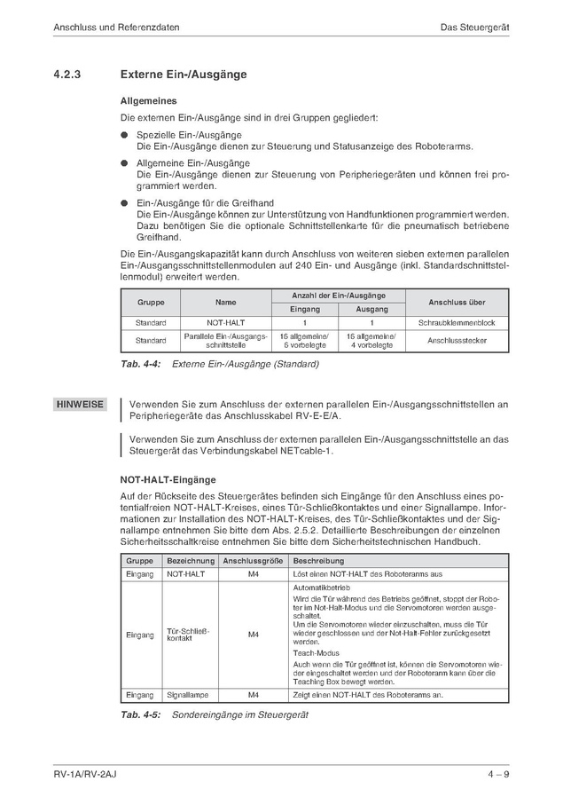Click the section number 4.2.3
pos(67,75)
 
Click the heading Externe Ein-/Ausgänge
pos(183,75)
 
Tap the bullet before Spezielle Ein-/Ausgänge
pos(125,135)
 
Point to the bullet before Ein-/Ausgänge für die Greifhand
pos(125,203)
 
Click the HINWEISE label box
pos(80,405)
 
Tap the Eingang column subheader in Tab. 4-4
pos(304,310)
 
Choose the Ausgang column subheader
pos(371,310)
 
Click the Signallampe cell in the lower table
pos(187,695)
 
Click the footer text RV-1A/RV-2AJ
pos(85,775)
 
